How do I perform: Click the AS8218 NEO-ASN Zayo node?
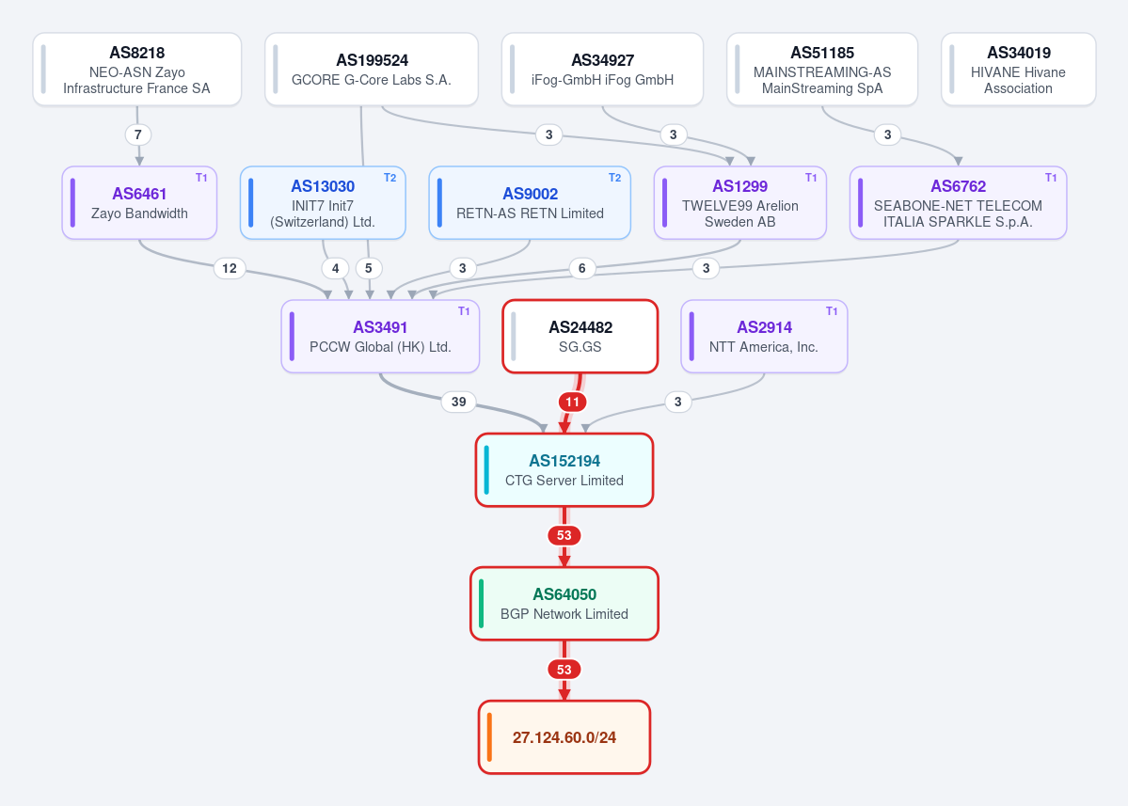136,70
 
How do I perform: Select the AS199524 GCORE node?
372,70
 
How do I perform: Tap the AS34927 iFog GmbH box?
602,70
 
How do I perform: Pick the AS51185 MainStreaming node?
822,70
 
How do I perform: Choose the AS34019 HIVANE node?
1018,70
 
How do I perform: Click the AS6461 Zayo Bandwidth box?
139,203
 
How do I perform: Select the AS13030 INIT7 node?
323,203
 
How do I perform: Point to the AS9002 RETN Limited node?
530,203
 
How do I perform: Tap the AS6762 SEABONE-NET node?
959,203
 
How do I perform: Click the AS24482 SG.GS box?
580,337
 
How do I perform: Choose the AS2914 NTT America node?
764,337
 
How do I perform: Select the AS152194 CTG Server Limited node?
564,470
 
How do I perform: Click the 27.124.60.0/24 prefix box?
564,737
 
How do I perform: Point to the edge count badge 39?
459,402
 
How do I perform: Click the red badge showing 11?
572,402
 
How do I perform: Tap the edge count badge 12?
230,268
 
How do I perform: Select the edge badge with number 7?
138,134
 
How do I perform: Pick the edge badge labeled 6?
582,268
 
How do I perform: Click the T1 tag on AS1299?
811,178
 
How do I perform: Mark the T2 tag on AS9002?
614,178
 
